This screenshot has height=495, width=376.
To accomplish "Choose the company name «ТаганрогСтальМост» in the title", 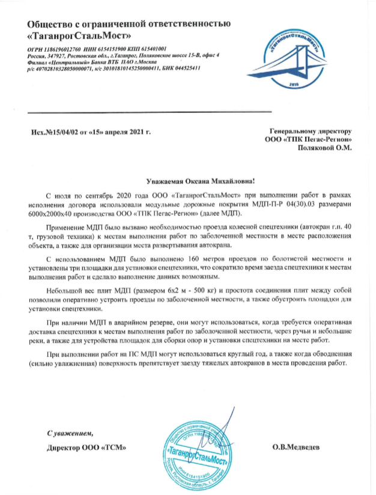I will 81,34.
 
